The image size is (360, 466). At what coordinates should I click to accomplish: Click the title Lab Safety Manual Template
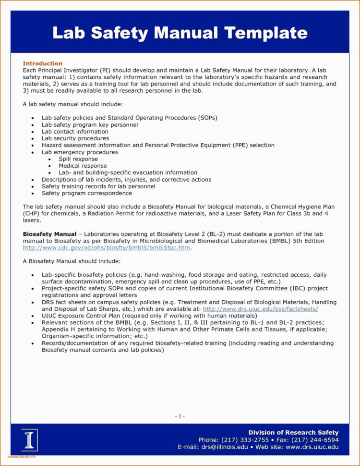(180, 33)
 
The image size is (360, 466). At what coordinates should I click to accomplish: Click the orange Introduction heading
(43, 63)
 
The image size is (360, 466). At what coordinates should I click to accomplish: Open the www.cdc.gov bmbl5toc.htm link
(107, 247)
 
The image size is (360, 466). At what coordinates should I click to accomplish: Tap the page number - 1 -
(180, 416)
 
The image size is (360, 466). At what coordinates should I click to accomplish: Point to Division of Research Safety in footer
(293, 432)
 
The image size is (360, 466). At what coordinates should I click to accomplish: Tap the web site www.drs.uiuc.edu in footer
(312, 447)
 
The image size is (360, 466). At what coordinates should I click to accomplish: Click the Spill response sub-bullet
(78, 159)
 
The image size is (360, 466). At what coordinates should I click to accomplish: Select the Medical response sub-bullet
(83, 166)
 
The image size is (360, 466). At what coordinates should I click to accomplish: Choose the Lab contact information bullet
(75, 131)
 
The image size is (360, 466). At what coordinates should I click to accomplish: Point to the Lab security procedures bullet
(75, 138)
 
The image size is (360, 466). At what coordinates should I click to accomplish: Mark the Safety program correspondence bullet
(86, 193)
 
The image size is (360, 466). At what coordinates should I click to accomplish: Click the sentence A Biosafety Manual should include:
(72, 261)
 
